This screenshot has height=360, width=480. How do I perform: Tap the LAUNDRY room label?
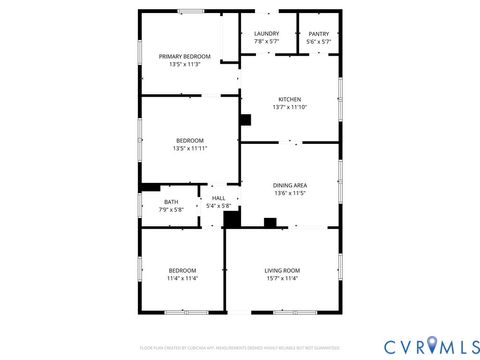click(266, 33)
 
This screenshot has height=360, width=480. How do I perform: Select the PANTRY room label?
click(319, 33)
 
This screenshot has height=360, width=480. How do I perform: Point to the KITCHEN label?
click(290, 99)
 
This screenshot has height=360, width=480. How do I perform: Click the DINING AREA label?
click(290, 185)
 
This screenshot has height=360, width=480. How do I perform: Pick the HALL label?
click(218, 198)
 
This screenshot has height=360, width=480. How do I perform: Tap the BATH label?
click(172, 202)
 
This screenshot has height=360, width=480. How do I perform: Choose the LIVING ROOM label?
click(282, 270)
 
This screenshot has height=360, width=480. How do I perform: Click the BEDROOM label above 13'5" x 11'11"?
click(189, 140)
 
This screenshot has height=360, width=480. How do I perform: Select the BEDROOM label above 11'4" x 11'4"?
click(182, 270)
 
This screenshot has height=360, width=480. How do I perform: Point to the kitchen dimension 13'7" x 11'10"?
click(290, 107)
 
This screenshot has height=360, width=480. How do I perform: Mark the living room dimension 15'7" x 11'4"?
click(282, 278)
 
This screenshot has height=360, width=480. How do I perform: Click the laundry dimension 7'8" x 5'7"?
click(266, 41)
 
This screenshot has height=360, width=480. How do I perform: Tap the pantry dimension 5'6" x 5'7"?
click(319, 41)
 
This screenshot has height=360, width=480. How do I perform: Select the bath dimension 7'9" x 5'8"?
click(172, 210)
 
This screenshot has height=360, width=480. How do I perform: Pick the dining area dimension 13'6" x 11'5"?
click(290, 193)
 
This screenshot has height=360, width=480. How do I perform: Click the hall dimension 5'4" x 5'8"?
click(218, 206)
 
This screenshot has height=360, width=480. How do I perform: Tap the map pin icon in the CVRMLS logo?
click(431, 345)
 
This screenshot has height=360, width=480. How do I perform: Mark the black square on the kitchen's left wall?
click(245, 120)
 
